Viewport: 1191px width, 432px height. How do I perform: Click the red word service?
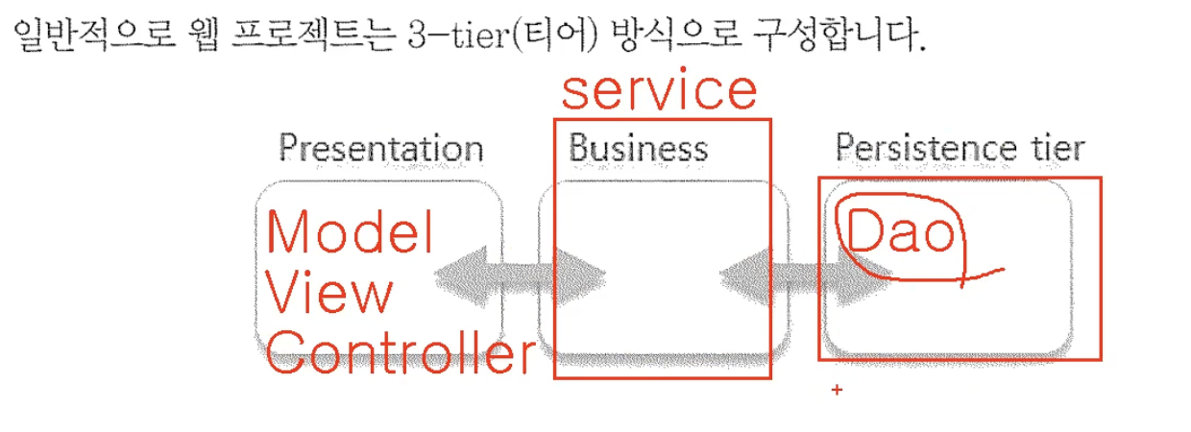[659, 91]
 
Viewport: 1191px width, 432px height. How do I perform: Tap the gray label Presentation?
[380, 149]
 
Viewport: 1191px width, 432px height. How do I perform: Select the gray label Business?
[638, 149]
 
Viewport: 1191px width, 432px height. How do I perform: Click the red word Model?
[350, 233]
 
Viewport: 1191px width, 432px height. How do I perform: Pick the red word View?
[328, 294]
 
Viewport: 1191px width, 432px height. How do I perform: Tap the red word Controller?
[399, 355]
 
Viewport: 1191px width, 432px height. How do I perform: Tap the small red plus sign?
[836, 391]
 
